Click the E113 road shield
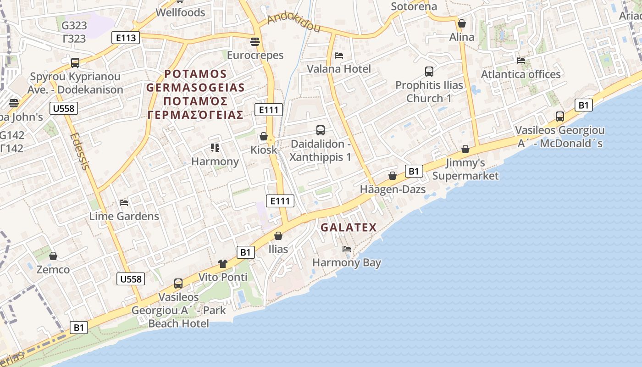pos(126,38)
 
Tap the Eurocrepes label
pos(255,56)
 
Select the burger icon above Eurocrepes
pos(255,42)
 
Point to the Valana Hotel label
pos(339,69)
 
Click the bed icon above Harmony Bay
pos(347,249)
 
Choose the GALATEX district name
pos(349,228)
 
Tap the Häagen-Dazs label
pos(393,189)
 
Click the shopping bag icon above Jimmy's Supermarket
pos(465,149)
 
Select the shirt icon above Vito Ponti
pos(223,263)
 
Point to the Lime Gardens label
pos(124,217)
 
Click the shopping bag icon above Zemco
pos(53,256)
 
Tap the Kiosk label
pos(264,150)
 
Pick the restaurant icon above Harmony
pos(215,147)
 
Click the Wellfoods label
pos(181,12)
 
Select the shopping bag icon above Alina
pos(462,23)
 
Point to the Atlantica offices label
pos(520,74)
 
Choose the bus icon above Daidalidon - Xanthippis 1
pos(321,130)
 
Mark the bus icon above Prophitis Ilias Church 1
pos(429,72)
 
